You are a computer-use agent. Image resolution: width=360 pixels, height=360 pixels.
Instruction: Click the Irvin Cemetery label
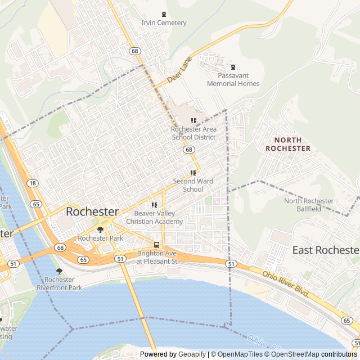tap(164, 23)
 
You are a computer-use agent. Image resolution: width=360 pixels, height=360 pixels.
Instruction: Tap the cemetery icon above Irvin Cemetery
tap(164, 14)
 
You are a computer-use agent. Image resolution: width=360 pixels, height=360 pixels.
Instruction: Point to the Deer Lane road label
tap(179, 69)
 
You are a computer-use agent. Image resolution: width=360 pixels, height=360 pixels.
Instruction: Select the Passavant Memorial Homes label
tap(233, 79)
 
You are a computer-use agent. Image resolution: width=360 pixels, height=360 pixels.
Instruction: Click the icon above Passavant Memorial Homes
tap(233, 67)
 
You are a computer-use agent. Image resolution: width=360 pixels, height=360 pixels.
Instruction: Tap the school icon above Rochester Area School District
tap(193, 120)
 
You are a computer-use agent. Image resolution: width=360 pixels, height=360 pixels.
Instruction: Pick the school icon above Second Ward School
tap(193, 173)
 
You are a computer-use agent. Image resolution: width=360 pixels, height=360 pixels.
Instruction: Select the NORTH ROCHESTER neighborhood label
tap(287, 144)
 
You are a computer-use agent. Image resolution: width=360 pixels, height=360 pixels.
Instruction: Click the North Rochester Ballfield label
tap(309, 205)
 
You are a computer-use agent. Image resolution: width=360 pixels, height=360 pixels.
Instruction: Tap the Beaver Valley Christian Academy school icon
tap(154, 205)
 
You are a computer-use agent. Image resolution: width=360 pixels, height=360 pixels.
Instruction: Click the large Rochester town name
tap(92, 212)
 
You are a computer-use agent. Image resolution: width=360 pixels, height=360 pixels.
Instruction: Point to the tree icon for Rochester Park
tap(100, 229)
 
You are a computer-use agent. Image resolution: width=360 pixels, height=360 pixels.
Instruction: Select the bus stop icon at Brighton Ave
tap(156, 245)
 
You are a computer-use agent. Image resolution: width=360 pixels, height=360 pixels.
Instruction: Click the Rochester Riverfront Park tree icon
tap(59, 271)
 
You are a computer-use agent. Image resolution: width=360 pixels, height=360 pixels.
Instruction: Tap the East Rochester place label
tap(326, 250)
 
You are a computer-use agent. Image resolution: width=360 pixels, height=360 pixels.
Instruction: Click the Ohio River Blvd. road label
tap(286, 285)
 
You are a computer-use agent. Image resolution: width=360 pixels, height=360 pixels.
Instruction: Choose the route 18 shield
tap(33, 183)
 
